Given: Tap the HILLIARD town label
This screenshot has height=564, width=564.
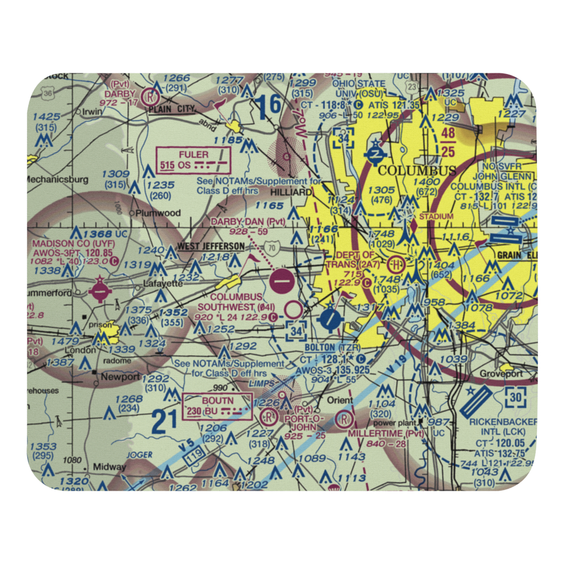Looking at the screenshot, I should pyautogui.click(x=291, y=192).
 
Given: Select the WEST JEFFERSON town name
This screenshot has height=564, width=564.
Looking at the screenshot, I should pyautogui.click(x=211, y=246).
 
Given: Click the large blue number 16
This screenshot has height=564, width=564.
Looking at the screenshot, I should pyautogui.click(x=267, y=105).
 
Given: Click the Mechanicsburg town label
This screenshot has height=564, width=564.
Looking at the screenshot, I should pyautogui.click(x=57, y=180).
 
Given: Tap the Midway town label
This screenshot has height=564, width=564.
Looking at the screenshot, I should pyautogui.click(x=109, y=467).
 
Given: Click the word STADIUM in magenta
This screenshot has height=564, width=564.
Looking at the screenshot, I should pyautogui.click(x=440, y=216).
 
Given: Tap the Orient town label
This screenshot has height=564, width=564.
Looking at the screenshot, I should pyautogui.click(x=341, y=400).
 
